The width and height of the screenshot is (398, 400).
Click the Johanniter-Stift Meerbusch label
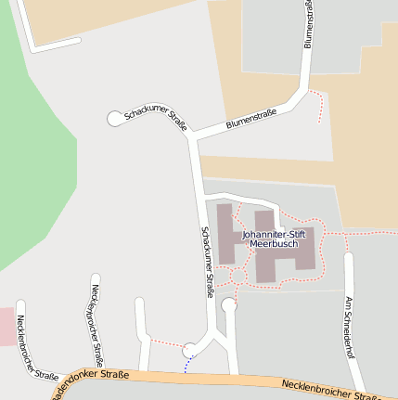click(274, 239)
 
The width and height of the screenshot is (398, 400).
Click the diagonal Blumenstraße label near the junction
click(252, 120)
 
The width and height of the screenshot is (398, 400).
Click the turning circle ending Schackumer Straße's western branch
click(115, 118)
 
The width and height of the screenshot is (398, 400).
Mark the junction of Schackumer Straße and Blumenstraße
click(192, 138)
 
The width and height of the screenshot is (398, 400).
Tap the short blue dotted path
click(186, 365)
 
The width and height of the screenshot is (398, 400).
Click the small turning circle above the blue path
click(189, 350)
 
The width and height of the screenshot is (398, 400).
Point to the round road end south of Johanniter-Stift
click(229, 303)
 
